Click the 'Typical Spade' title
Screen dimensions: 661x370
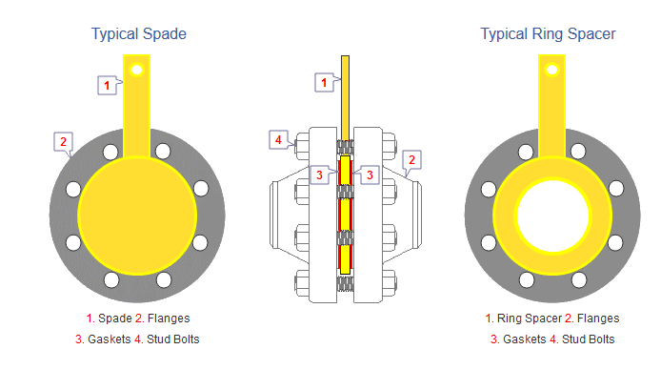point(139,33)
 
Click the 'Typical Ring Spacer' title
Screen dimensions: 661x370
point(548,33)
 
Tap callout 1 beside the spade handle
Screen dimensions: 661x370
point(107,85)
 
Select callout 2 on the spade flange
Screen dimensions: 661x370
point(63,142)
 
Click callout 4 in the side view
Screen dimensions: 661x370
point(278,139)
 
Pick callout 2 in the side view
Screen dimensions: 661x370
point(411,160)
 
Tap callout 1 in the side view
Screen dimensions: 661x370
point(324,82)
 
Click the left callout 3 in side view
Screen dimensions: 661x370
point(319,175)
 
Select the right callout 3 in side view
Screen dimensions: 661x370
point(370,175)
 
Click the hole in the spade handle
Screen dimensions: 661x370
point(136,70)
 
